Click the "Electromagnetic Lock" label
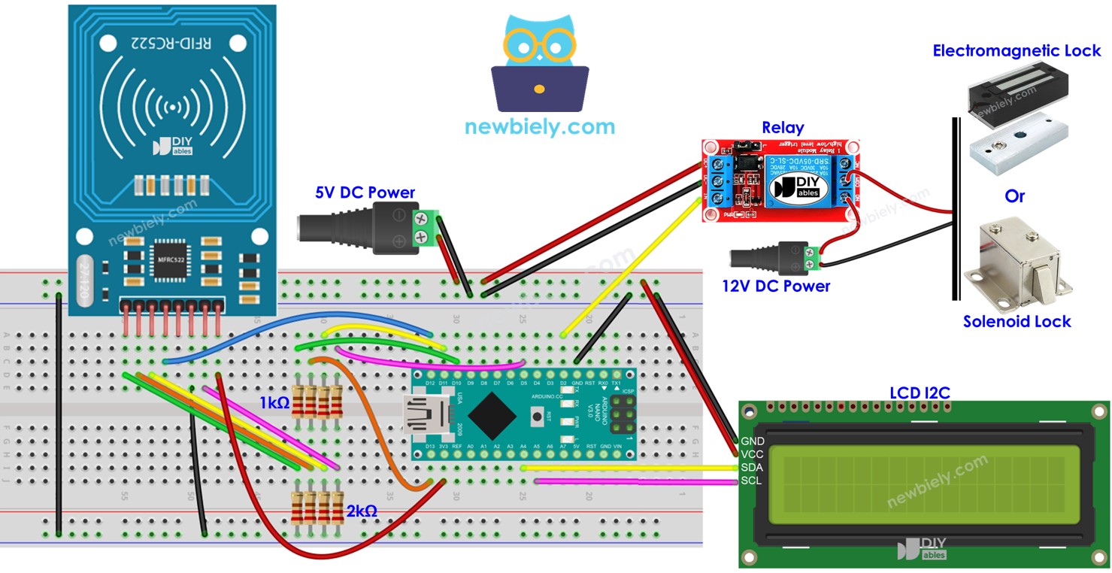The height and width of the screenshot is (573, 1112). [x=1017, y=51]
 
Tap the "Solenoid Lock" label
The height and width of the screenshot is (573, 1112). [x=1017, y=322]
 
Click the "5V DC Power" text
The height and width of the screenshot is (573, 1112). [x=365, y=193]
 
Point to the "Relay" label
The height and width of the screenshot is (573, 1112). [x=783, y=128]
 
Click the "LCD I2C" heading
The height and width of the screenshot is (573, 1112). [x=921, y=393]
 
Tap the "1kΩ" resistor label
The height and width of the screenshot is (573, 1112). [x=274, y=403]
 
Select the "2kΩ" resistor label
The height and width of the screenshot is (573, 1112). [x=361, y=511]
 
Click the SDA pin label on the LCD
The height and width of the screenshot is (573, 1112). [x=752, y=468]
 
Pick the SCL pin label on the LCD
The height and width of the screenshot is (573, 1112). [x=752, y=481]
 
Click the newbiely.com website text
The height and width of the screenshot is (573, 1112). [x=539, y=126]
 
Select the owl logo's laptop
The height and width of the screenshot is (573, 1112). [x=539, y=89]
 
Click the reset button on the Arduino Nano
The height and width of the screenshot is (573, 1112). [x=537, y=415]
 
